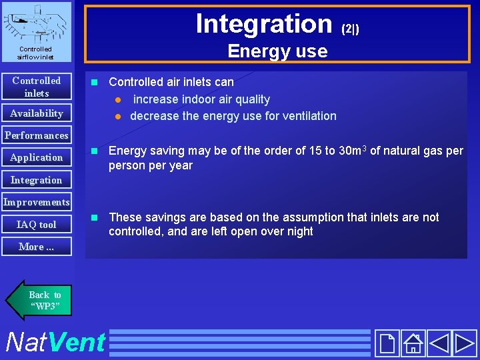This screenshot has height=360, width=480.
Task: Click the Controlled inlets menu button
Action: (37, 87)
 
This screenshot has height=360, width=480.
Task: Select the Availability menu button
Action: (37, 113)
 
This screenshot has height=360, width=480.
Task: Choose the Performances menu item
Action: (37, 135)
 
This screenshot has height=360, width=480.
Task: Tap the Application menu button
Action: (37, 157)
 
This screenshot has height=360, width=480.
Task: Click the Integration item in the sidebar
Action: (37, 180)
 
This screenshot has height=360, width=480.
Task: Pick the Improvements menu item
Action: (37, 202)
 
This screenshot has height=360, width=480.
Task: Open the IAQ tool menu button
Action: (37, 225)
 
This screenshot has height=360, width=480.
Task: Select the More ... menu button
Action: (37, 247)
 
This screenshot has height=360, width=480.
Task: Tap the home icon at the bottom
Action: (413, 343)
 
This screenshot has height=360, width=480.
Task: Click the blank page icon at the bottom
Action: (387, 343)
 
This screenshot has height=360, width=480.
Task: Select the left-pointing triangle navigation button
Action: (439, 343)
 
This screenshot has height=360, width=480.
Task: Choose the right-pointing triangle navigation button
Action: (465, 343)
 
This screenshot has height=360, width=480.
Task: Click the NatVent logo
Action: (55, 343)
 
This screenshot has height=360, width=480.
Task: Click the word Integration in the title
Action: (264, 23)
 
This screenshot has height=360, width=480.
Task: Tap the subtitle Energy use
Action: (277, 51)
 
